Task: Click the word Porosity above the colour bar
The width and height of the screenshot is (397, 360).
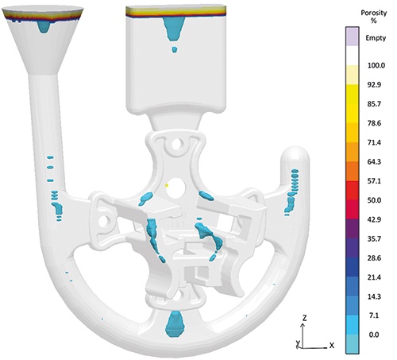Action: tap(374, 13)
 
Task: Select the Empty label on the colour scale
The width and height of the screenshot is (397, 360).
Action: tap(376, 38)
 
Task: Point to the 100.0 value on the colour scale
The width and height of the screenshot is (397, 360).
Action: tap(376, 65)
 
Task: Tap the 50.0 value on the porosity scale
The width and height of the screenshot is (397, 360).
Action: tap(374, 200)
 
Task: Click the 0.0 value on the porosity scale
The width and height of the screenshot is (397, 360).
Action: tap(373, 335)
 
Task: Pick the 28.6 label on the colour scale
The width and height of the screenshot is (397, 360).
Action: tap(374, 258)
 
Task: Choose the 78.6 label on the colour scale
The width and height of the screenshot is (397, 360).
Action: tap(374, 123)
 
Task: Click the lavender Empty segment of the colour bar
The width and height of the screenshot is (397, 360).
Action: tap(352, 37)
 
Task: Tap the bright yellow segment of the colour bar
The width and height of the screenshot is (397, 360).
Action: tap(352, 104)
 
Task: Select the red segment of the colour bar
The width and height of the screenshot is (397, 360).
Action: tap(352, 191)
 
